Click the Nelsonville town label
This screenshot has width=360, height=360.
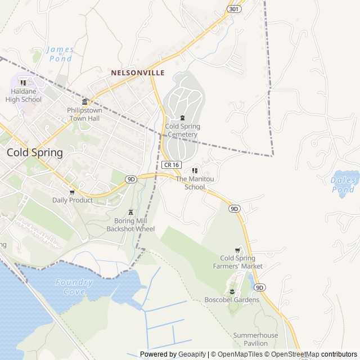(137, 73)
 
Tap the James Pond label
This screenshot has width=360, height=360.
(60, 53)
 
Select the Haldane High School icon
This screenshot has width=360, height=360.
(23, 83)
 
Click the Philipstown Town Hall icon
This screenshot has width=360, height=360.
(85, 102)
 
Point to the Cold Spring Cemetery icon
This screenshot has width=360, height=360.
(182, 118)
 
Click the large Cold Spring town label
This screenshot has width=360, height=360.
(34, 152)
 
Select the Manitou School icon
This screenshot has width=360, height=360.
(195, 170)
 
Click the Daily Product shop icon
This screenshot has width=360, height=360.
(72, 191)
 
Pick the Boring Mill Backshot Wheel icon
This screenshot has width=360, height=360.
(130, 212)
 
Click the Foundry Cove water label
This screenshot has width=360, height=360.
(74, 287)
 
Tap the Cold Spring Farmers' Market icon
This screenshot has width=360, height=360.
(237, 250)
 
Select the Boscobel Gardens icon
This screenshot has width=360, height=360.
(232, 291)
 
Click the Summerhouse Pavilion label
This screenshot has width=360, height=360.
(255, 339)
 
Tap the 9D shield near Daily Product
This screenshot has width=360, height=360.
(131, 179)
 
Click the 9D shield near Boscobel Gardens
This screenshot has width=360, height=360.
(259, 287)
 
